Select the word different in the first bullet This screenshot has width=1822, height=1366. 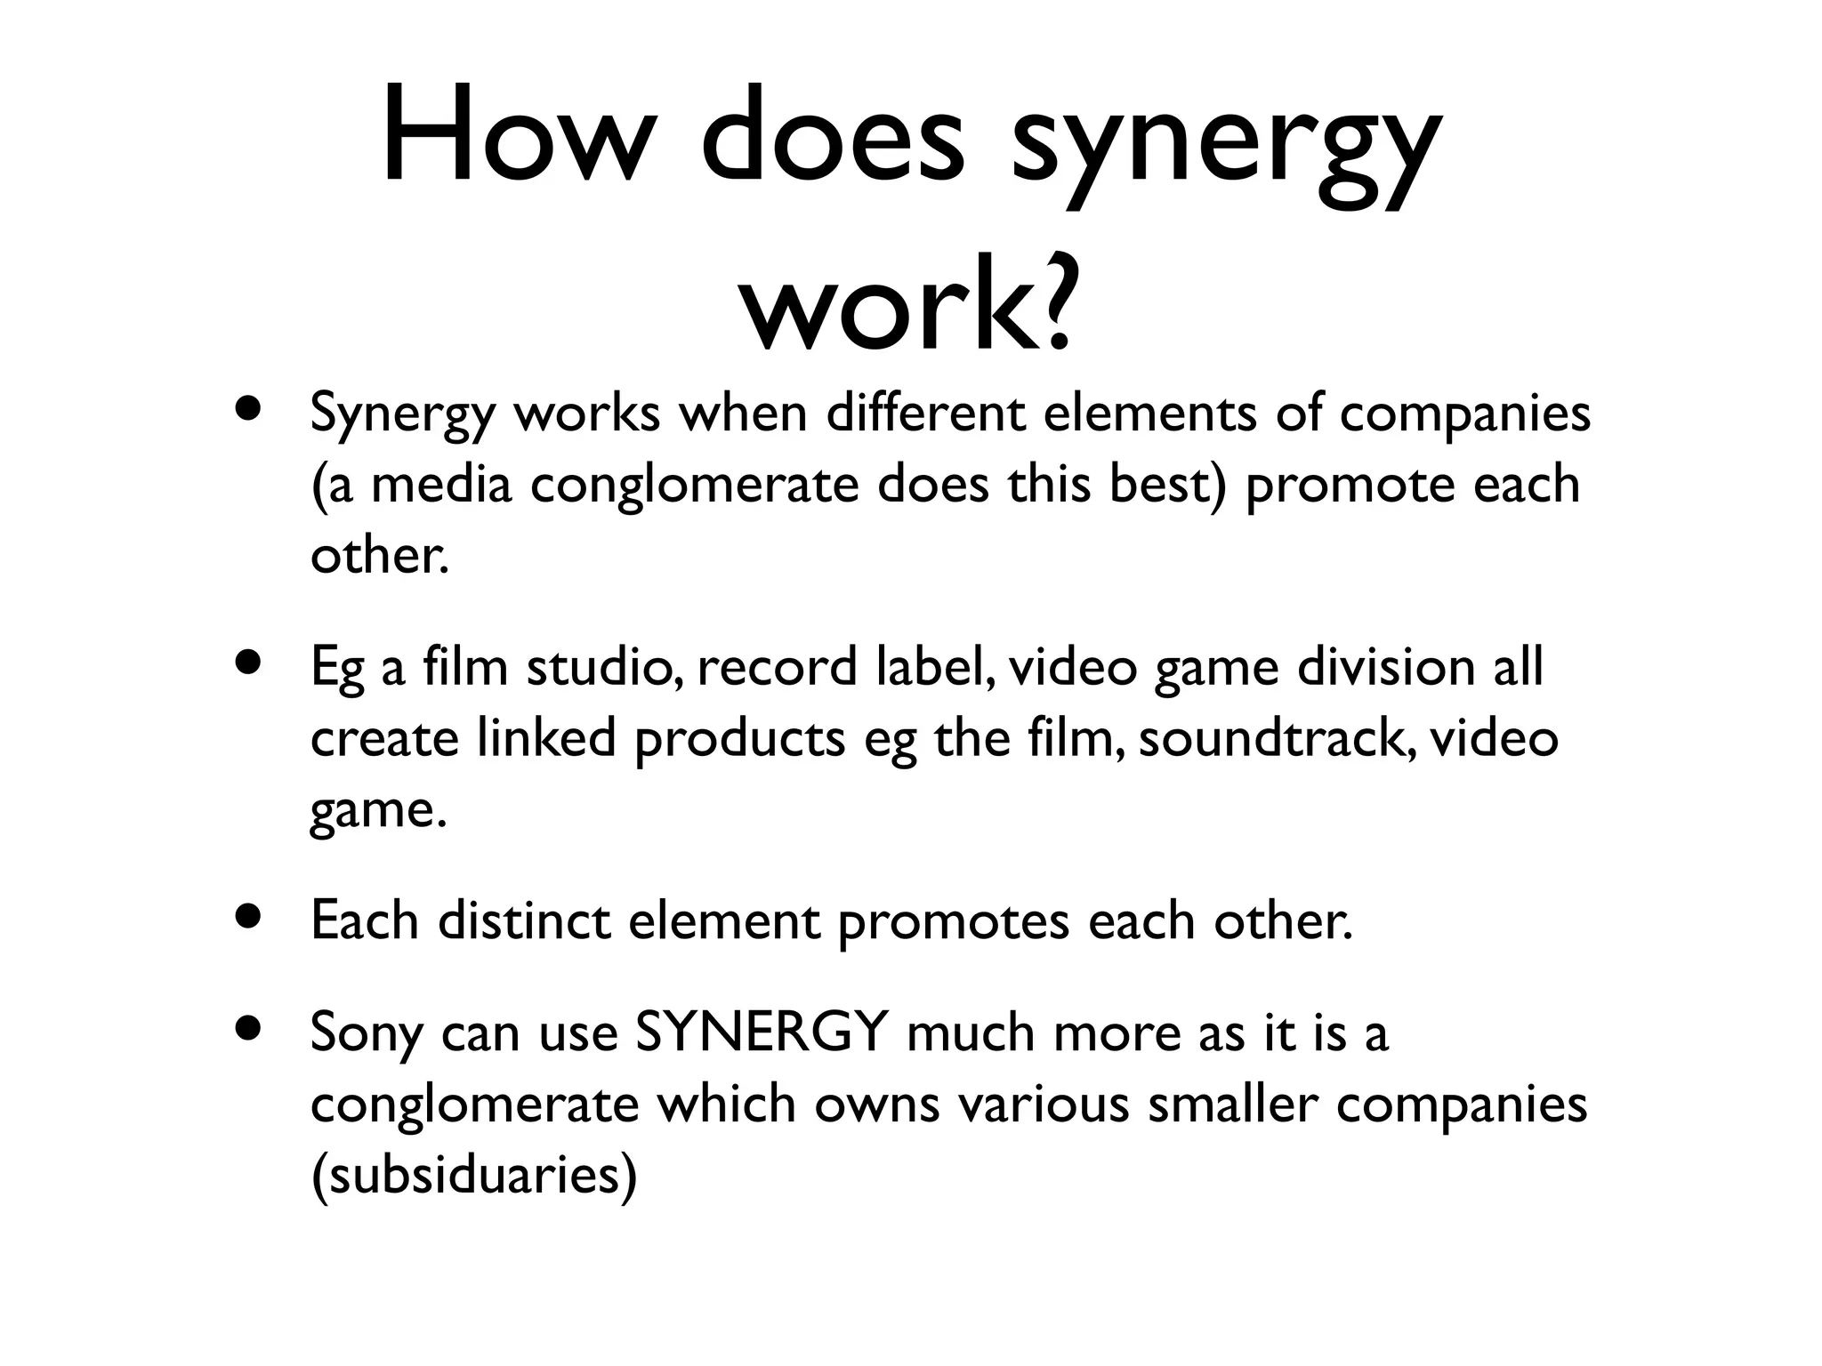click(x=924, y=414)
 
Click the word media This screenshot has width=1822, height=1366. click(x=441, y=485)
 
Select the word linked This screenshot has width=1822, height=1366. click(x=545, y=738)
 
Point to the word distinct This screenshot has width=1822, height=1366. click(x=523, y=920)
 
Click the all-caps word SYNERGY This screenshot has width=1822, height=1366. click(x=762, y=1032)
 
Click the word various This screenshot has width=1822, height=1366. click(x=1044, y=1104)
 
